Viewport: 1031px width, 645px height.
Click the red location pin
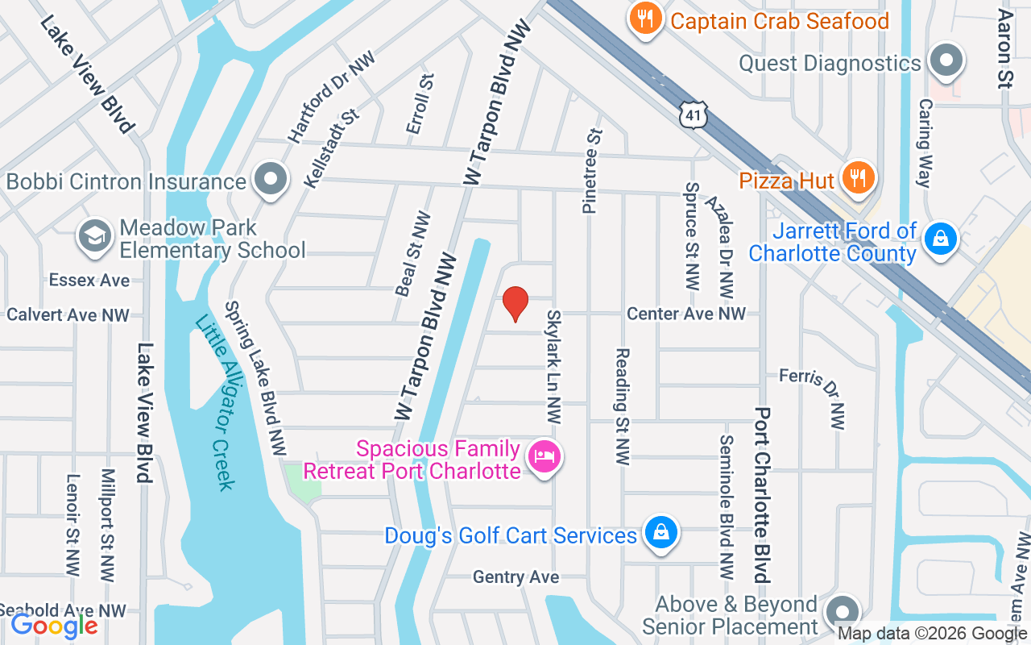[x=515, y=304]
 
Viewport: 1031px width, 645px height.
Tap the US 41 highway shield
[x=693, y=115]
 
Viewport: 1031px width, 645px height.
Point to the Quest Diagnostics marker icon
[x=946, y=62]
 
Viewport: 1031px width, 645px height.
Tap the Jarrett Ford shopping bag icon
[x=939, y=239]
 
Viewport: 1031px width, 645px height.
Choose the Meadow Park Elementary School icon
[x=95, y=237]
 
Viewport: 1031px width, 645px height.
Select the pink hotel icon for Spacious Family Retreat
[x=544, y=458]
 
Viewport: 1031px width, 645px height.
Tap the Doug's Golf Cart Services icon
[x=660, y=534]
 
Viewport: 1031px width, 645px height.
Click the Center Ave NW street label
[x=686, y=313]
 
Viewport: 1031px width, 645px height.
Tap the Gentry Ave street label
[x=515, y=577]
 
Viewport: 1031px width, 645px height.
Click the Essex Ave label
[x=89, y=281]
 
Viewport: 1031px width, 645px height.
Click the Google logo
[x=55, y=626]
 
